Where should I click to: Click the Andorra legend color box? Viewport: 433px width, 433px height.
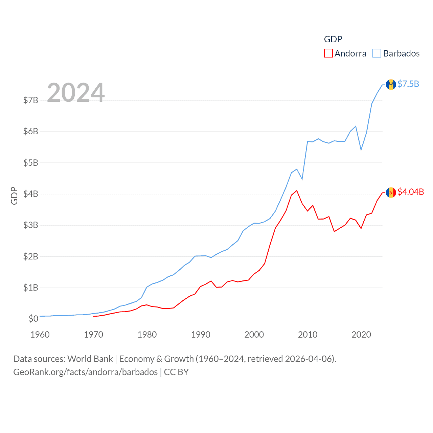pyautogui.click(x=328, y=53)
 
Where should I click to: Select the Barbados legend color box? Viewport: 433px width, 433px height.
pyautogui.click(x=377, y=53)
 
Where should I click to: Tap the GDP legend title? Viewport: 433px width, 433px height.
pyautogui.click(x=333, y=39)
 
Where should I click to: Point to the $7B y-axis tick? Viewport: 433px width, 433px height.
pyautogui.click(x=30, y=100)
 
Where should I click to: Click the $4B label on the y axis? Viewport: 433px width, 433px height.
pyautogui.click(x=30, y=194)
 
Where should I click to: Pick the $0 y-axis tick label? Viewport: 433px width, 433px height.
pyautogui.click(x=33, y=319)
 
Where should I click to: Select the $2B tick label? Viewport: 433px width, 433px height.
pyautogui.click(x=30, y=256)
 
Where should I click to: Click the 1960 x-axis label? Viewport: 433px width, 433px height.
pyautogui.click(x=40, y=335)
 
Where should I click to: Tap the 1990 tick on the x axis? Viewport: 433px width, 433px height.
pyautogui.click(x=201, y=335)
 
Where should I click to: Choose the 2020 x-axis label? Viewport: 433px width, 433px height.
pyautogui.click(x=361, y=335)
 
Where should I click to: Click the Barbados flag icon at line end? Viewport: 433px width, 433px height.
pyautogui.click(x=391, y=84)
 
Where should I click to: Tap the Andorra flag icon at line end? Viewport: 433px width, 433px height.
pyautogui.click(x=391, y=192)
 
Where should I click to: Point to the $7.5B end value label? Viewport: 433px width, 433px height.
pyautogui.click(x=408, y=84)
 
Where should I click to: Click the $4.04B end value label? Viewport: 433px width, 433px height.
pyautogui.click(x=411, y=192)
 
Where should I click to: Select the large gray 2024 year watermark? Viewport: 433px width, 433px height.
pyautogui.click(x=76, y=93)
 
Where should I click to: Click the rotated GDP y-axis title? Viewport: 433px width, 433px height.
pyautogui.click(x=14, y=196)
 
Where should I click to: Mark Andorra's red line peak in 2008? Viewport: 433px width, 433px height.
pyautogui.click(x=297, y=191)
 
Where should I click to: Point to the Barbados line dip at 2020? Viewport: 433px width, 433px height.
pyautogui.click(x=361, y=150)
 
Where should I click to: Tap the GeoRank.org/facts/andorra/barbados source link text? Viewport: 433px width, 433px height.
pyautogui.click(x=85, y=372)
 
